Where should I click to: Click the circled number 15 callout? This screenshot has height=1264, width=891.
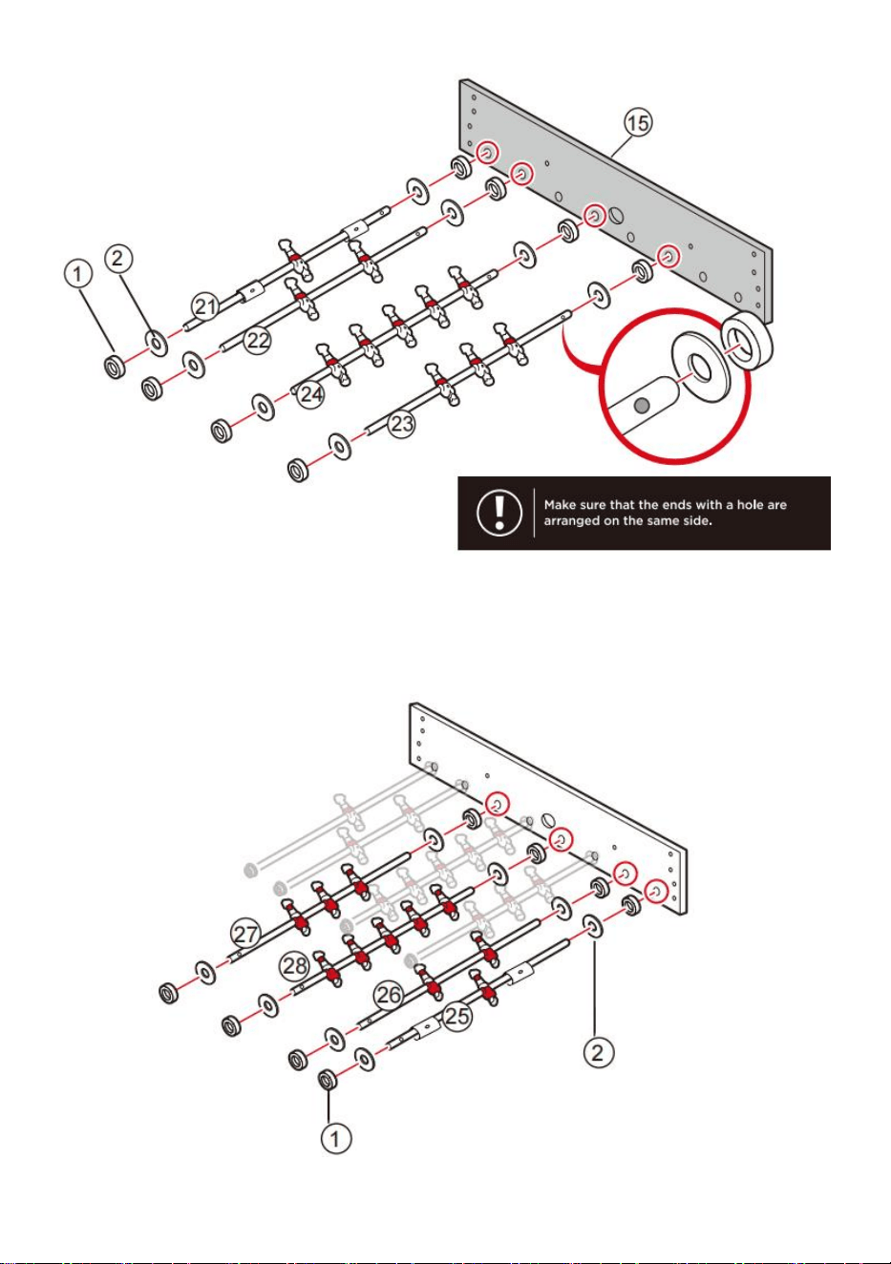click(638, 123)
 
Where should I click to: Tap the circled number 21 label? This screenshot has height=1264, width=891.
click(205, 306)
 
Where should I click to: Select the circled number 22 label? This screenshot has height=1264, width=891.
click(258, 340)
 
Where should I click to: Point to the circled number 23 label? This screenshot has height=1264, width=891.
click(401, 423)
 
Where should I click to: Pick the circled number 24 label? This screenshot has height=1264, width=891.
click(311, 394)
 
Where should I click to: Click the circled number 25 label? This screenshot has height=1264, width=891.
click(457, 1016)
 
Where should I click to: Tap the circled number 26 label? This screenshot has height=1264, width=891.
click(389, 995)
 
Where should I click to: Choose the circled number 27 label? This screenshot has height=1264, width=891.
click(245, 934)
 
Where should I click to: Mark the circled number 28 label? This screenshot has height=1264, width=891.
click(295, 965)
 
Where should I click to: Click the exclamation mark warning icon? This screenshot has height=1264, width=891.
click(499, 513)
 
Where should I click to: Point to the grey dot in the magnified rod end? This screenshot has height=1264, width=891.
click(641, 405)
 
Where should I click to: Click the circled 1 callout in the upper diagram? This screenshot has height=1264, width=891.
click(78, 274)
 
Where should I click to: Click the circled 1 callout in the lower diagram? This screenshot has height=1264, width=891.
click(336, 1138)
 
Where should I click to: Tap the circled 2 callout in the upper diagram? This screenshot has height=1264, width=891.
click(118, 259)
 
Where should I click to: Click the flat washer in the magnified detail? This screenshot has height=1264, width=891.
click(700, 366)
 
